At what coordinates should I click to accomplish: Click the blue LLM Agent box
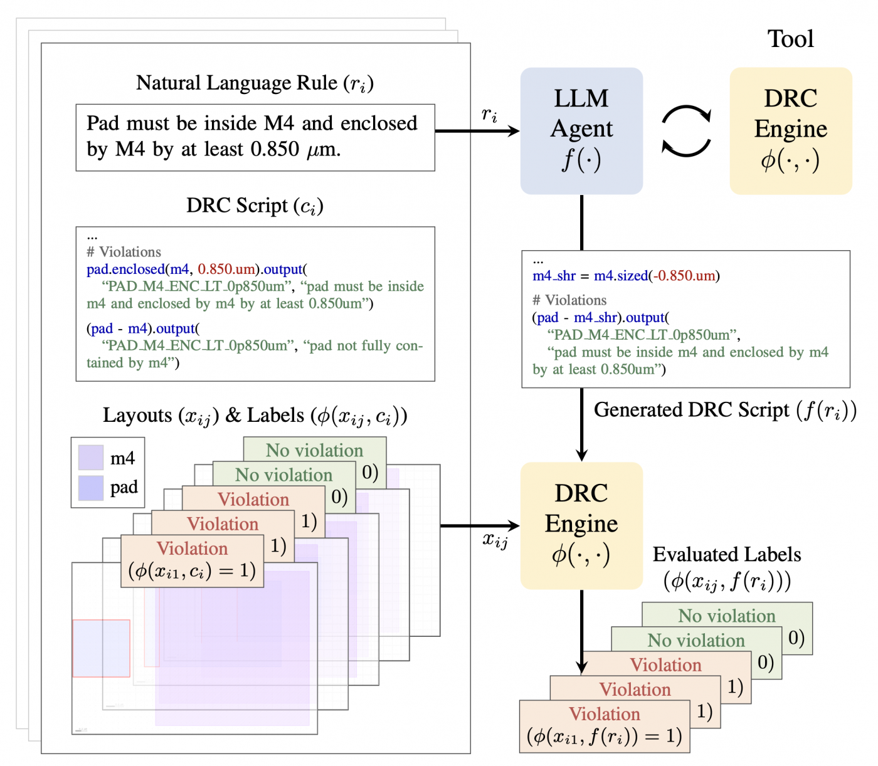point(581,131)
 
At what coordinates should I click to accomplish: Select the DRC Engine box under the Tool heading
point(790,131)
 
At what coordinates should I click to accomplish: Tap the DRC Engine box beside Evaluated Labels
point(581,525)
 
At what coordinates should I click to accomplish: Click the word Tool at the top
point(790,39)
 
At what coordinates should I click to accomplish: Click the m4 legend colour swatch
point(90,457)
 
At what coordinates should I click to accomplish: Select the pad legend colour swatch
point(90,488)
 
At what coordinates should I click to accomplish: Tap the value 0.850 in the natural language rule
point(275,149)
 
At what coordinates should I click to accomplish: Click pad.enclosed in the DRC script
point(125,270)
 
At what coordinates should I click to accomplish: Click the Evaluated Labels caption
point(726,555)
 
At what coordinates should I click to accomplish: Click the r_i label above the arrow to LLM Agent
point(489,115)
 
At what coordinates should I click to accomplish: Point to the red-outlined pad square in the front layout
point(101,648)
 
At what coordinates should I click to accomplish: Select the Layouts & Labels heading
point(255,416)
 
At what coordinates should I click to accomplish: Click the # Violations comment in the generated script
point(569,300)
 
